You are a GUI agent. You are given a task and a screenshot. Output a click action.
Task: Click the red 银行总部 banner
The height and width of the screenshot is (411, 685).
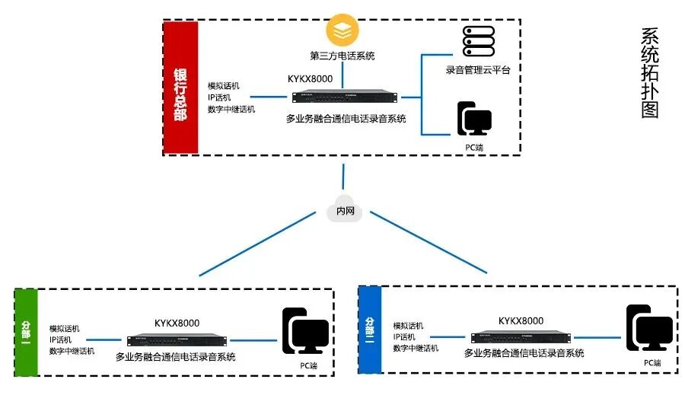click(180, 87)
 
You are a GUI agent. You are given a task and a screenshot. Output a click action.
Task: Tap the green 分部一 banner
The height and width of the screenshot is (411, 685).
click(26, 333)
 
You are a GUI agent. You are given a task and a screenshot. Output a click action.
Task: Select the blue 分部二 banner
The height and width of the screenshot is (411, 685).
click(369, 329)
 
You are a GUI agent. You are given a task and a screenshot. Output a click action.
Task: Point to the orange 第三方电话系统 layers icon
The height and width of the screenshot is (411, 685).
click(342, 30)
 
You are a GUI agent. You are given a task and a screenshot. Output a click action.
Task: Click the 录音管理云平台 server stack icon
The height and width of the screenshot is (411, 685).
click(478, 41)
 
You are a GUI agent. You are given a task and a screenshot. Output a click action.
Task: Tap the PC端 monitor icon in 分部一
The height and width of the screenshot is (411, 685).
click(305, 331)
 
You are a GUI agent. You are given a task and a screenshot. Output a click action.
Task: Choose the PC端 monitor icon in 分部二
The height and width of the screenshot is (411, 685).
click(649, 328)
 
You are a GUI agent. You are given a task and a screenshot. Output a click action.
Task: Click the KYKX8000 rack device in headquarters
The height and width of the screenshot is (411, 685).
click(345, 97)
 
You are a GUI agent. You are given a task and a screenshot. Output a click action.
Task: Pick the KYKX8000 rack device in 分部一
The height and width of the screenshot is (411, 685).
click(177, 340)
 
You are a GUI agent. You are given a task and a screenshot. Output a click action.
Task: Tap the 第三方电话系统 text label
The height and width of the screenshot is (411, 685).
click(342, 56)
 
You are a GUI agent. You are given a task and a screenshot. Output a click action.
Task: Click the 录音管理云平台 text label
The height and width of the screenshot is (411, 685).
click(478, 70)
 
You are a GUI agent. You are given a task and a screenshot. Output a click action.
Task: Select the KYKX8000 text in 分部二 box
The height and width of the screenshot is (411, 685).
click(521, 320)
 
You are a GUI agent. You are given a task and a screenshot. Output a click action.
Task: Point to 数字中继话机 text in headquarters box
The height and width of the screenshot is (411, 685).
click(231, 109)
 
